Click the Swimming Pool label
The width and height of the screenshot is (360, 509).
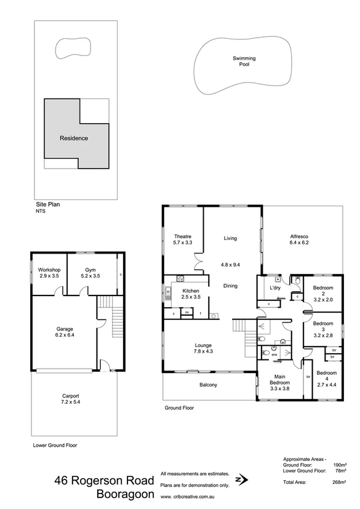point(244,61)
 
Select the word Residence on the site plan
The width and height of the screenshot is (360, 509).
point(73,138)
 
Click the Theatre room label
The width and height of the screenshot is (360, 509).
point(183,239)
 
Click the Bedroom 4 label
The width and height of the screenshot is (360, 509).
point(327,377)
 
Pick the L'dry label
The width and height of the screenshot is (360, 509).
point(275,289)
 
